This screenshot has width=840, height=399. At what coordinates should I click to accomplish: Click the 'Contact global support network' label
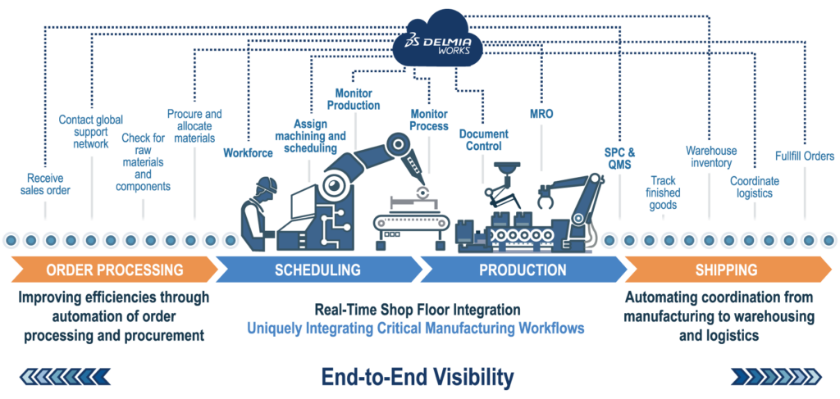90,132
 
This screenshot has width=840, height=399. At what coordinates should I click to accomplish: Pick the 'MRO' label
541,114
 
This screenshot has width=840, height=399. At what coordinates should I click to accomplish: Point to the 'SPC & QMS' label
619,157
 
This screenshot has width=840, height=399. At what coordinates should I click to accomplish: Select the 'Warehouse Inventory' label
711,156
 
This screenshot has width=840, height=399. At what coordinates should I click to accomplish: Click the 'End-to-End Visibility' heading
418,376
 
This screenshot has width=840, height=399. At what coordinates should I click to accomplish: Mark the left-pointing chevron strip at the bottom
66,376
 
